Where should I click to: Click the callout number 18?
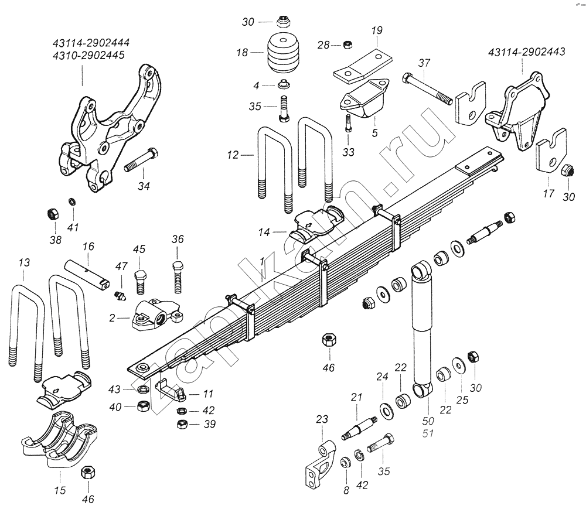(x=242, y=52)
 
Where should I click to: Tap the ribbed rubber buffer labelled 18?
(x=283, y=55)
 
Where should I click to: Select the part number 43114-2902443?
(x=526, y=52)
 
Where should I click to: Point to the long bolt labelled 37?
(x=427, y=88)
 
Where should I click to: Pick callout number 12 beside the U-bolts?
(x=233, y=156)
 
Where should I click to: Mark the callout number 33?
(x=348, y=152)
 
